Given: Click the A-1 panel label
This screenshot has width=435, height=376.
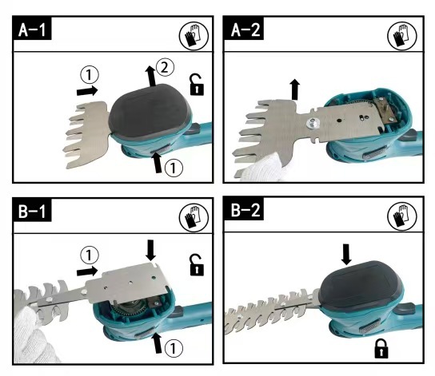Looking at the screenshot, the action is [x=32, y=29].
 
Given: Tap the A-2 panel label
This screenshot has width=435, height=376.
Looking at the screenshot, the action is [x=244, y=29].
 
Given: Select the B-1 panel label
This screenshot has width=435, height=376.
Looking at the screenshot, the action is [x=32, y=210].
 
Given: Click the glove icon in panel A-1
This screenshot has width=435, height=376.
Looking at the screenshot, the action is [x=194, y=36].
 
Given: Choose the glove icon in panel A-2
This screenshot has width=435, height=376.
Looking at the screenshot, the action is [x=401, y=36].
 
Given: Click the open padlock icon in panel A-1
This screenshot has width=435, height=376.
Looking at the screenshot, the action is [x=197, y=85].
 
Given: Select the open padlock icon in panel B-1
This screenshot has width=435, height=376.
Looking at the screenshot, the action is [x=197, y=265].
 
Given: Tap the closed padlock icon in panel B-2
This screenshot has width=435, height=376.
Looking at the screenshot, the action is [x=381, y=349].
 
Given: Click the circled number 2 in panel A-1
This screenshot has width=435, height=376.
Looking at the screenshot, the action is [x=165, y=67].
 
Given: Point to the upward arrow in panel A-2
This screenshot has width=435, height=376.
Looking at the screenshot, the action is [x=295, y=89].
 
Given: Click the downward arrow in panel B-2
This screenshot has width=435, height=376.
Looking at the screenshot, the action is [x=346, y=254].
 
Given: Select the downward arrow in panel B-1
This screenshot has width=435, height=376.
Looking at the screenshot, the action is [x=150, y=251].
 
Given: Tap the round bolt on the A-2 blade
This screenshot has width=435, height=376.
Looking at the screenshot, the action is [x=313, y=123].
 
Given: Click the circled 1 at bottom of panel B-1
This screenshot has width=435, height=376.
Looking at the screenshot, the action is [x=174, y=348].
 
